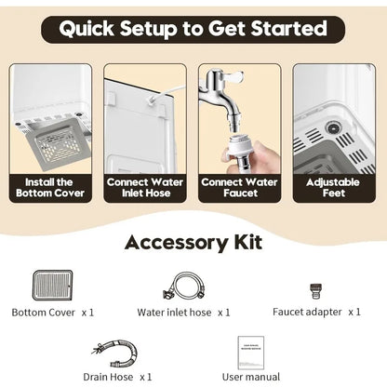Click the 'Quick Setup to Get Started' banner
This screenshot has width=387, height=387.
[193, 29]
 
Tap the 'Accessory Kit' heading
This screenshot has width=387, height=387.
[193, 243]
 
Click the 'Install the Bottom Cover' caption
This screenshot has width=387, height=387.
[50, 188]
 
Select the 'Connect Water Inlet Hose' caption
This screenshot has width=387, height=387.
[145, 188]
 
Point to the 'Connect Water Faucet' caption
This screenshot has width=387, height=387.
[239, 188]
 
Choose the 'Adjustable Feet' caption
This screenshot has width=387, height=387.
[333, 188]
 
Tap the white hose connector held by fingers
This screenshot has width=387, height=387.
[240, 150]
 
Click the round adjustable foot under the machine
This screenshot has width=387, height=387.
[333, 127]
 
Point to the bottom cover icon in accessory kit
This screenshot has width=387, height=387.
[53, 286]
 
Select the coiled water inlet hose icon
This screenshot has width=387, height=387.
[184, 286]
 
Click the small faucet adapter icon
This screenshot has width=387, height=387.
[315, 291]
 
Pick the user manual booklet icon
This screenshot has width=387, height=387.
[251, 353]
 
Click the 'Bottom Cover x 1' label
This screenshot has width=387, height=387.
[53, 313]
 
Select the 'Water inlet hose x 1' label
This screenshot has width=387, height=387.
[183, 313]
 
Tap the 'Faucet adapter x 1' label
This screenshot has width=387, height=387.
[316, 312]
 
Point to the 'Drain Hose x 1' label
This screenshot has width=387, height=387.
[117, 377]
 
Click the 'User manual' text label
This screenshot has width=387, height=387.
[251, 377]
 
